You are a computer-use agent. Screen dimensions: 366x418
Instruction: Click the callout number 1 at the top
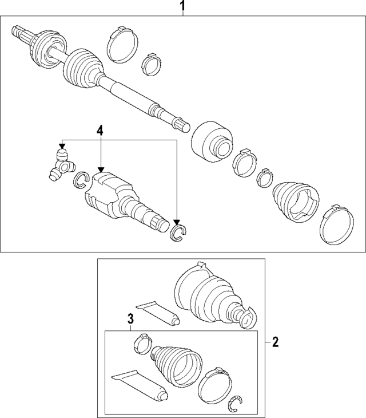pyautogui.click(x=182, y=5)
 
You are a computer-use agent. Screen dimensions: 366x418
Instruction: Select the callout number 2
pyautogui.click(x=275, y=341)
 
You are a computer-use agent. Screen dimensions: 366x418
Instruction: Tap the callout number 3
pyautogui.click(x=130, y=318)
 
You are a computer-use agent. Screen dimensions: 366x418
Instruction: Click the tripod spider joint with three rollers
pyautogui.click(x=62, y=165)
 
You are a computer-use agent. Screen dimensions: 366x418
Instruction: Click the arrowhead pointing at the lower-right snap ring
pyautogui.click(x=177, y=222)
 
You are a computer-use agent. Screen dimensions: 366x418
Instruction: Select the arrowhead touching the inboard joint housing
pyautogui.click(x=100, y=169)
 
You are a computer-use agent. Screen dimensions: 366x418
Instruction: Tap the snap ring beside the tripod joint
pyautogui.click(x=80, y=180)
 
